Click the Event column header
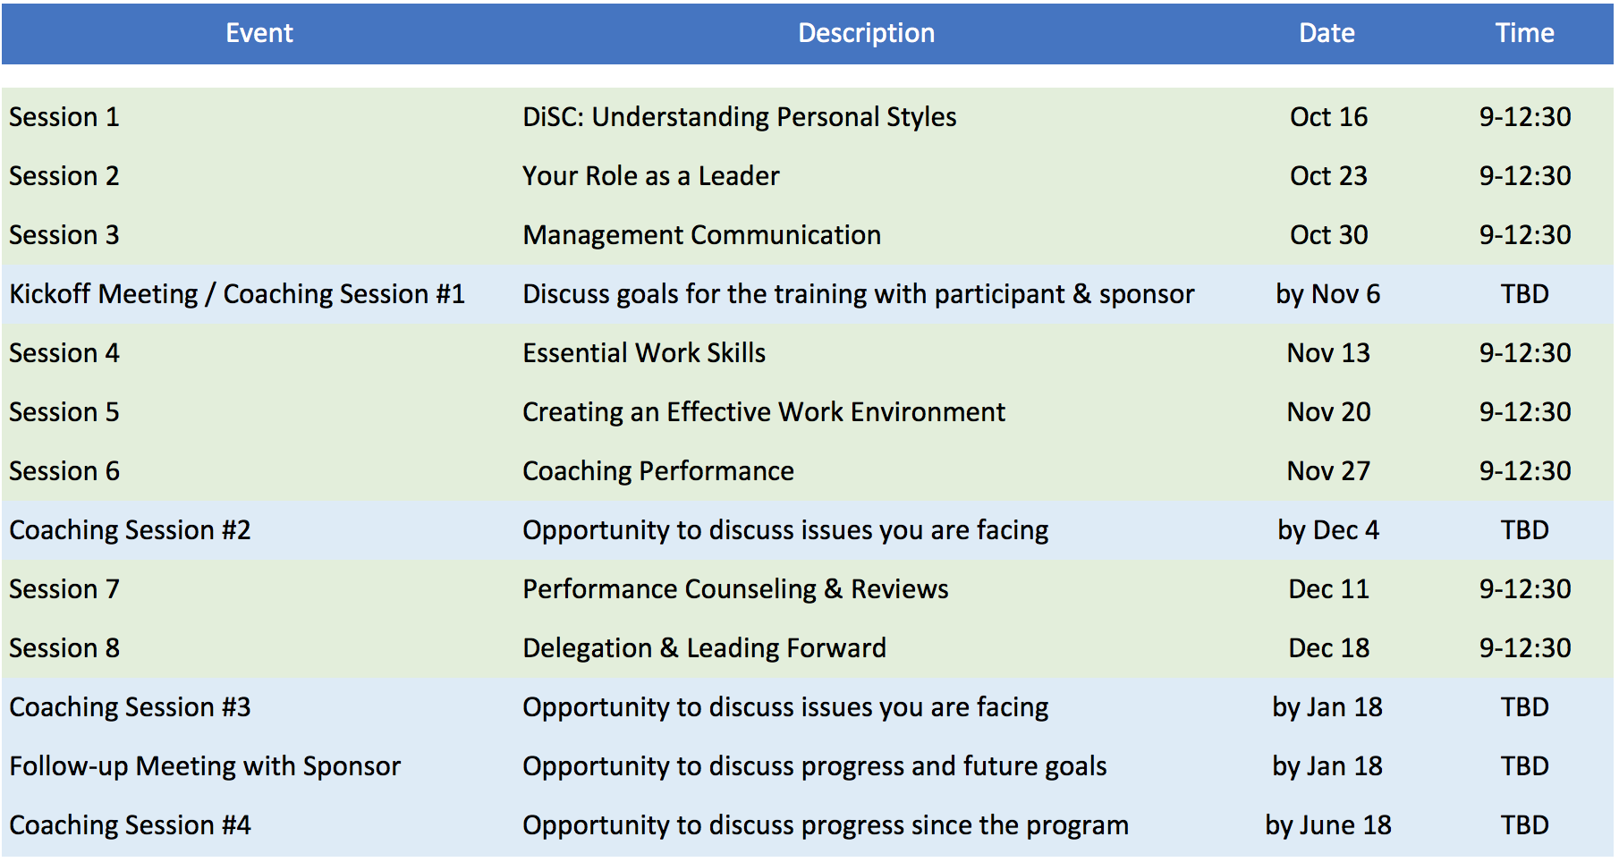tap(259, 33)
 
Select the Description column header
tap(866, 33)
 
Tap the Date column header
tap(1327, 33)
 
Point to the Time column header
tap(1524, 33)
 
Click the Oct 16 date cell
tap(1328, 117)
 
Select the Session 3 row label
tap(64, 235)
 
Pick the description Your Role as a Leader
tap(651, 176)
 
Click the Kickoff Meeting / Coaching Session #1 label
tap(237, 294)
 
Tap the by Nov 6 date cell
tap(1327, 294)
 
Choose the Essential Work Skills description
tap(644, 353)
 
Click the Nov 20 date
tap(1328, 412)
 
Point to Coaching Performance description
tap(658, 471)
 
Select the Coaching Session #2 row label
tap(130, 530)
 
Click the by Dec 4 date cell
tap(1328, 530)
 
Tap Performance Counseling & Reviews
tap(735, 589)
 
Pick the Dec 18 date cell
tap(1328, 648)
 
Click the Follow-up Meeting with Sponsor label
tap(205, 766)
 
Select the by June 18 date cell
tap(1328, 825)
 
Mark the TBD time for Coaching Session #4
tap(1524, 825)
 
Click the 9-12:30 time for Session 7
tap(1524, 589)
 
